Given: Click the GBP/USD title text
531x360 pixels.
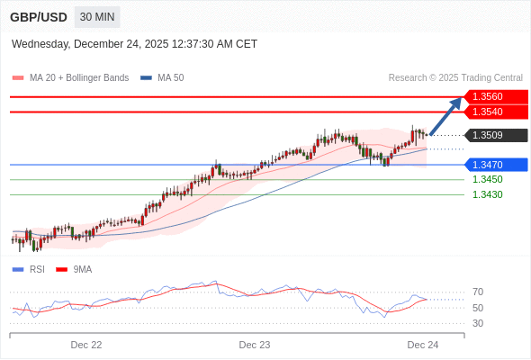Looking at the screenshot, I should [x=38, y=17].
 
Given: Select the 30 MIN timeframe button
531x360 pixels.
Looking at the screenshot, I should [x=96, y=17].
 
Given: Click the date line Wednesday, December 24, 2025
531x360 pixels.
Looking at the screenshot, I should [x=134, y=43].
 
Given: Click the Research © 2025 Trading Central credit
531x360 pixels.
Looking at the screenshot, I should [x=455, y=78].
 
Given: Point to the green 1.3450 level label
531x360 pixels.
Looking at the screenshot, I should [x=487, y=179].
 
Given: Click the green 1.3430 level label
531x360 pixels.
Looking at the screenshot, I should [x=487, y=194].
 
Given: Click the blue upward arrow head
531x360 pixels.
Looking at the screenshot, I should [x=457, y=103].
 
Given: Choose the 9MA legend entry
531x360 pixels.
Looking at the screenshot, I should [x=82, y=269].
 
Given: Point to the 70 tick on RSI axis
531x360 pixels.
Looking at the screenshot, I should [x=478, y=292].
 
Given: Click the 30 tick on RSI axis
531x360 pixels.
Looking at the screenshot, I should [x=478, y=323].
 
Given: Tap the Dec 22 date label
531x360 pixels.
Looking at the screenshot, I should [x=86, y=345].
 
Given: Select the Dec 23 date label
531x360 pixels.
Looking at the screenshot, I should [x=255, y=345].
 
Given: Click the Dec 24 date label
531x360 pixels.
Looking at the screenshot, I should [x=422, y=345].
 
